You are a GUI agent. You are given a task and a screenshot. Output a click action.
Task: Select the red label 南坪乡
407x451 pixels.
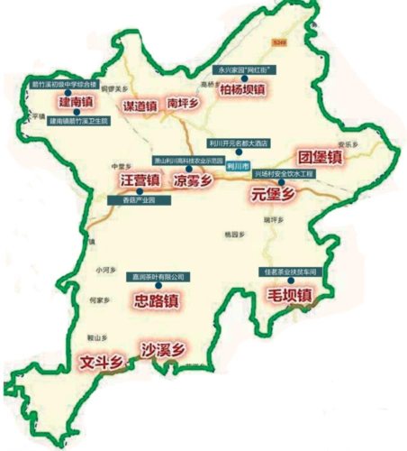[184, 104]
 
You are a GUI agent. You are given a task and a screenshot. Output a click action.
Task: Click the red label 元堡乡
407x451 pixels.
[273, 192]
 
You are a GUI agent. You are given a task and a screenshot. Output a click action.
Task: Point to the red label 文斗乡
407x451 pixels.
[100, 362]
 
